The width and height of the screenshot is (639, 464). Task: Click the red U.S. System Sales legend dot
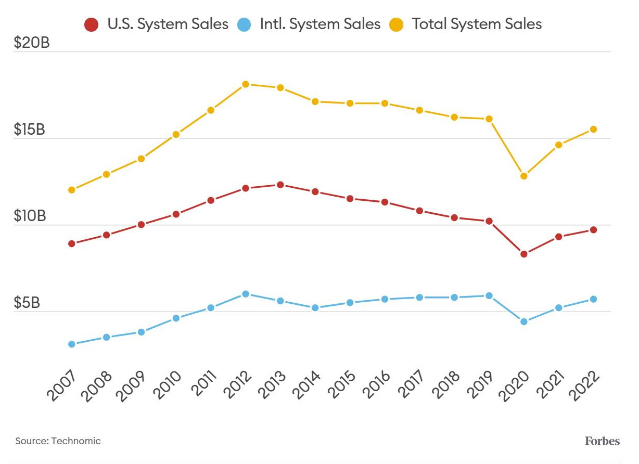pyautogui.click(x=92, y=24)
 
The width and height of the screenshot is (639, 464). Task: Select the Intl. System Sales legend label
pyautogui.click(x=320, y=24)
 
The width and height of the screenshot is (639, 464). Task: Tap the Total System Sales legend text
pyautogui.click(x=477, y=24)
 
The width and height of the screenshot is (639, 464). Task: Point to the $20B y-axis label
pyautogui.click(x=32, y=43)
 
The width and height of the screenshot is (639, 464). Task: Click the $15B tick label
pyautogui.click(x=30, y=130)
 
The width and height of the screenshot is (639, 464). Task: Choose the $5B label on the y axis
pyautogui.click(x=27, y=303)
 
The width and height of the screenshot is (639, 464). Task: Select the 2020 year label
pyautogui.click(x=515, y=385)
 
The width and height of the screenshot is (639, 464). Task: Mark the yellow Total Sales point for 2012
pyautogui.click(x=246, y=84)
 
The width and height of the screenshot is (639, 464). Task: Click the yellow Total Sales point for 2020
pyautogui.click(x=523, y=176)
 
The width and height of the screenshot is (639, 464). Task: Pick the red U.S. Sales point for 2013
pyautogui.click(x=280, y=185)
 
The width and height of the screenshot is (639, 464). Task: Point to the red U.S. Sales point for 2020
pyautogui.click(x=523, y=254)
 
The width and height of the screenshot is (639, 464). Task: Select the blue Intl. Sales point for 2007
pyautogui.click(x=72, y=344)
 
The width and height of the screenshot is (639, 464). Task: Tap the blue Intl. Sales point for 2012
pyautogui.click(x=246, y=294)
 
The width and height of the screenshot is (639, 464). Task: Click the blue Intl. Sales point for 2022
pyautogui.click(x=593, y=299)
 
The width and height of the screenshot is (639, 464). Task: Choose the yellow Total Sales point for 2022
pyautogui.click(x=593, y=129)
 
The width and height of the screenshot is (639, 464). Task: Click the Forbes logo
pyautogui.click(x=602, y=441)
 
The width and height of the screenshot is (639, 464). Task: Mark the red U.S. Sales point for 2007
pyautogui.click(x=72, y=243)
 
